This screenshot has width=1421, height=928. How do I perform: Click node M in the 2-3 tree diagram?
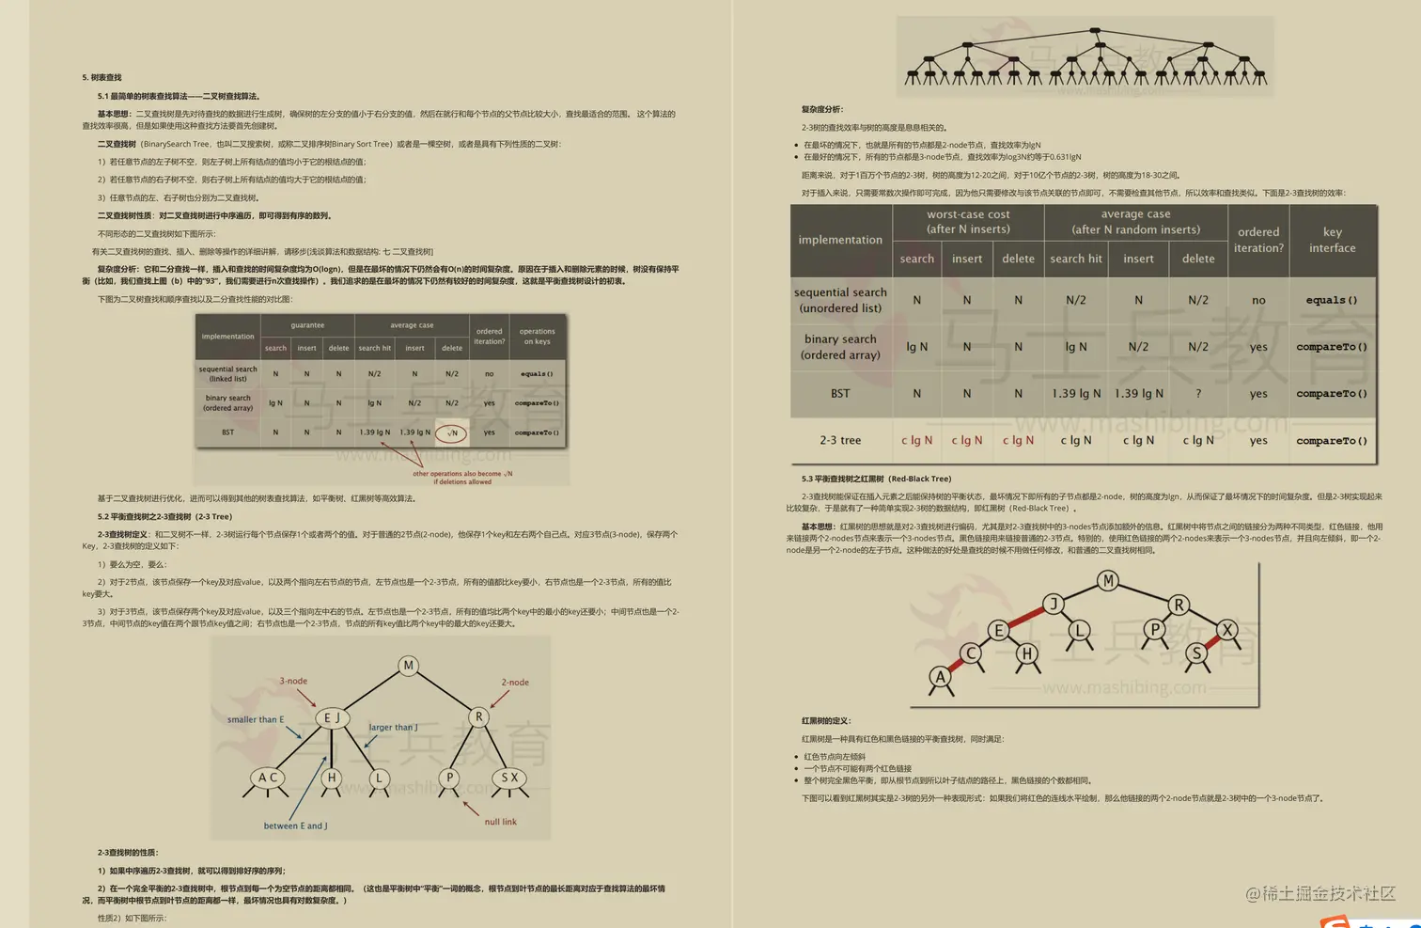pos(408,666)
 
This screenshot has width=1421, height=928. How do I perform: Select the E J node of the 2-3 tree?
pos(332,718)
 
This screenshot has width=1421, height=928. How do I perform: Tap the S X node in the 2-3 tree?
pos(509,778)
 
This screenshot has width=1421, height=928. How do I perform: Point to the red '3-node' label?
pos(293,681)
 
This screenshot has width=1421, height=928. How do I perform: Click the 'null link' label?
pos(500,822)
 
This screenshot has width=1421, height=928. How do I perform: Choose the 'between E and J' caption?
pos(295,826)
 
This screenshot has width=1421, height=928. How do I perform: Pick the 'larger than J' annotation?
pos(393,727)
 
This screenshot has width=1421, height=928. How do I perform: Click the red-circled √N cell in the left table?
pos(452,433)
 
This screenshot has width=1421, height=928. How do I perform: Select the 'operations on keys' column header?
pos(537,337)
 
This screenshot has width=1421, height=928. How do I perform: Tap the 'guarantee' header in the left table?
pos(307,325)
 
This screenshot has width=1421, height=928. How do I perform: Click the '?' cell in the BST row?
pos(1198,394)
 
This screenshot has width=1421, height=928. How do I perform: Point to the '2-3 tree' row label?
pos(840,440)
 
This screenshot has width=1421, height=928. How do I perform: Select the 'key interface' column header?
pos(1333,240)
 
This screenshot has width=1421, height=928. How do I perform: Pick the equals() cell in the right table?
pos(1332,300)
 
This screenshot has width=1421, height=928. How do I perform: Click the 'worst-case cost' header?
pos(968,222)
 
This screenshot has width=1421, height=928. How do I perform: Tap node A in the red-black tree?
pos(941,676)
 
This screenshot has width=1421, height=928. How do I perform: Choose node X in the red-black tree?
pos(1227,629)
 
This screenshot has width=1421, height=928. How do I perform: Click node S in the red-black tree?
pos(1196,653)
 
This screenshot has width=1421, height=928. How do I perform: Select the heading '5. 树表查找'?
pos(101,78)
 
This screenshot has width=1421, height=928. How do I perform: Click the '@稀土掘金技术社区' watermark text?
pos(1320,893)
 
